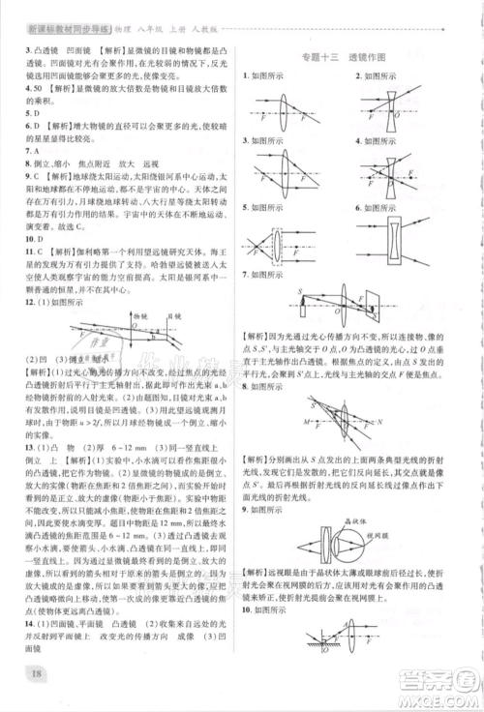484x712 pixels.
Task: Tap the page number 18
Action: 38,673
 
